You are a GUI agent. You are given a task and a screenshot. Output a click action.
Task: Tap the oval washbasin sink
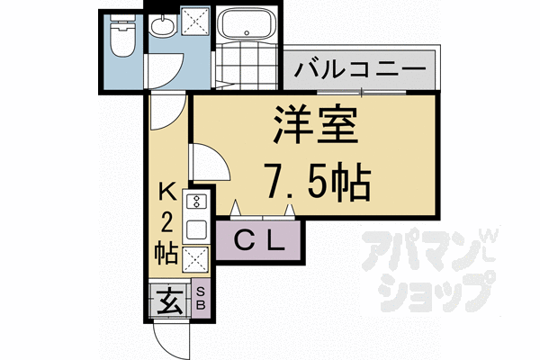[163, 28]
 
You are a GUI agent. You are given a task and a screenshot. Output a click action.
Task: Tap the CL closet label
[260, 240]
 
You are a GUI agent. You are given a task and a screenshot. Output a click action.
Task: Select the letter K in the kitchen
[167, 192]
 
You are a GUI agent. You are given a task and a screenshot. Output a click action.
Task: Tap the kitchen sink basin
[196, 229]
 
